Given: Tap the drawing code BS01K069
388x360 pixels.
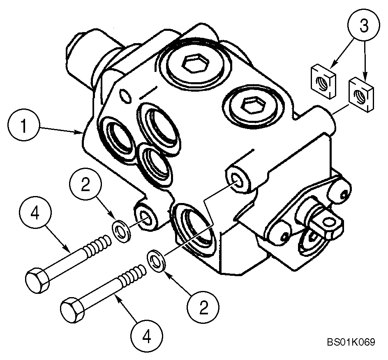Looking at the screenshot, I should tap(351, 342).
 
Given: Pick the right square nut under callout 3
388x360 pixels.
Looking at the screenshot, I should tap(361, 95).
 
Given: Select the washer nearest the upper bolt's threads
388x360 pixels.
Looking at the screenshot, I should tap(122, 229).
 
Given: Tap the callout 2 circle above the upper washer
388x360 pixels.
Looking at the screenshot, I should tap(85, 185).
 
